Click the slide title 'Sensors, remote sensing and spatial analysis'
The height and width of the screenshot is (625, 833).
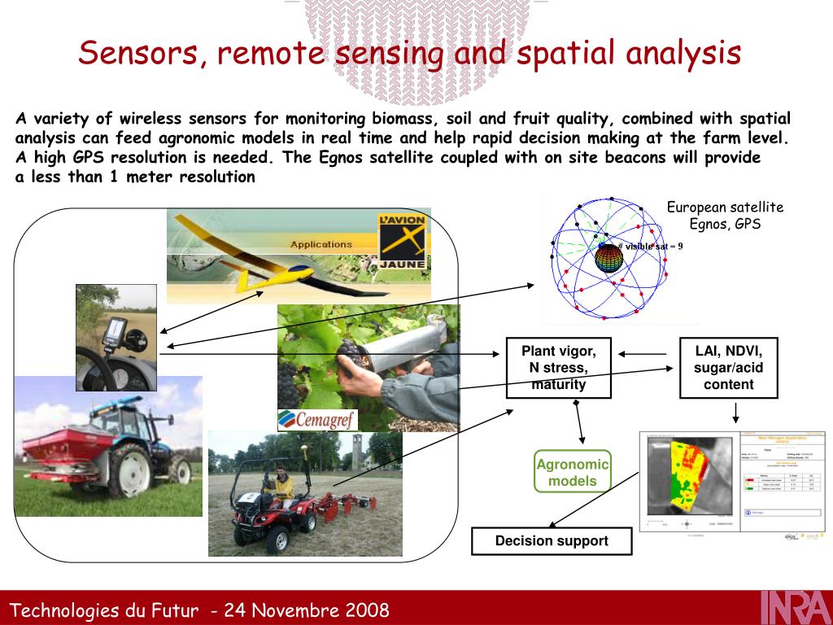tap(409, 54)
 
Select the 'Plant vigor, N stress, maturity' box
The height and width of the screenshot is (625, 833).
tap(558, 368)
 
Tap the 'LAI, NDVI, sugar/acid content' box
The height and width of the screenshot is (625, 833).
tap(728, 368)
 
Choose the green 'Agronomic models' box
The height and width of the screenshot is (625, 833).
tap(572, 472)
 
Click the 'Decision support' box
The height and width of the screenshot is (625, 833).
tap(552, 541)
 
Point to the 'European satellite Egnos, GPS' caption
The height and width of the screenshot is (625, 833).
tap(725, 216)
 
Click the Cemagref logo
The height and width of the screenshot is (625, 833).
tap(316, 419)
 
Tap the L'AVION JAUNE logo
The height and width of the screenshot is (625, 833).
tap(402, 240)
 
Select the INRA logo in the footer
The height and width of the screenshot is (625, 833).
tap(796, 608)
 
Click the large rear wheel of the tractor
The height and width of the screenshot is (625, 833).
tap(130, 472)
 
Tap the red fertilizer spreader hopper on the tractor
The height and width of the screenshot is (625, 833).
tap(57, 447)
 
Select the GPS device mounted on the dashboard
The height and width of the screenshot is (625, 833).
tap(114, 334)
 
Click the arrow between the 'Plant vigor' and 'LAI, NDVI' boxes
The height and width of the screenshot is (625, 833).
tap(645, 353)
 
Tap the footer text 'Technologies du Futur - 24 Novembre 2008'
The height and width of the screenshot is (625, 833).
tap(199, 610)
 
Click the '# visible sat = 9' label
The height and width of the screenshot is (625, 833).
tap(650, 246)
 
